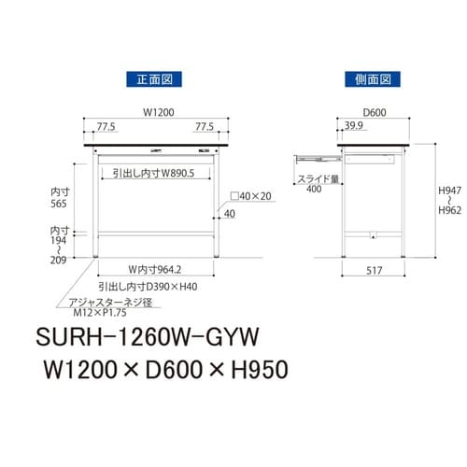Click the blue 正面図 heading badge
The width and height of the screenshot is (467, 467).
click(155, 82)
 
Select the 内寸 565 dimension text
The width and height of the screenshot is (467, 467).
click(59, 199)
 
